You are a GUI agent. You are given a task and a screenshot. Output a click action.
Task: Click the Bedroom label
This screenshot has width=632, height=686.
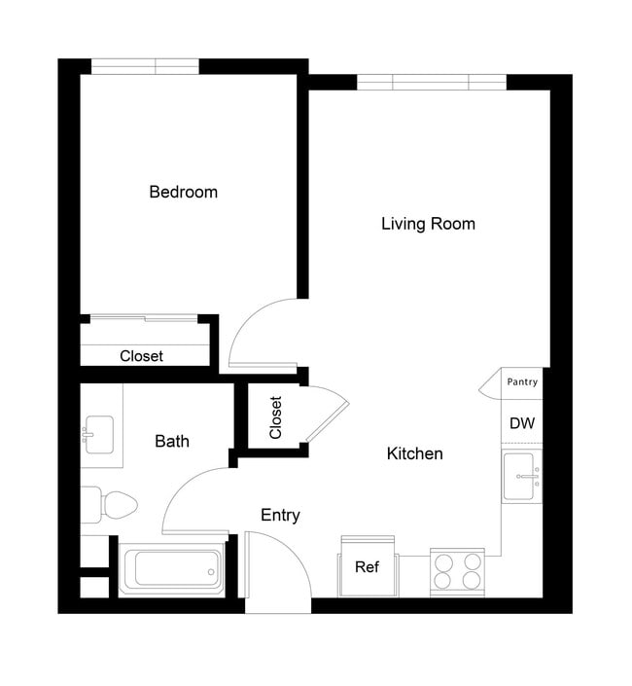[x=183, y=192]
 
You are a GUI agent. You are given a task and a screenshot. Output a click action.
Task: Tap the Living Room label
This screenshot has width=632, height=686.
[x=428, y=224]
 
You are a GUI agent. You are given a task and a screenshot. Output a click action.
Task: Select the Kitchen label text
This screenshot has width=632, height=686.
[x=414, y=453]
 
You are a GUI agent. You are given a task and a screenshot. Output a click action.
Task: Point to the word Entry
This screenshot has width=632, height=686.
[x=280, y=515]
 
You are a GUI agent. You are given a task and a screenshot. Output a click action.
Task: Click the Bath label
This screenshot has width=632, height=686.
[x=172, y=441]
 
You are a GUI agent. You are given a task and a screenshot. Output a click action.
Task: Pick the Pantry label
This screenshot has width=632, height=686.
[x=521, y=382]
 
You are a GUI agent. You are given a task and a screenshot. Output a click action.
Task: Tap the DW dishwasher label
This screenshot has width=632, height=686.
[x=521, y=424]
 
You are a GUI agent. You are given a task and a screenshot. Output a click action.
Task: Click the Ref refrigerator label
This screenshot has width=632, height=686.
[x=367, y=567]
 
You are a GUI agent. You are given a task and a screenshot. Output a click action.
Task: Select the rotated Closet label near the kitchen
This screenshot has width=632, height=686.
[x=275, y=416]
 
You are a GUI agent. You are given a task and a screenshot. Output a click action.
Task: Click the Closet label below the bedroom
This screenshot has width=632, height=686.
[x=141, y=356]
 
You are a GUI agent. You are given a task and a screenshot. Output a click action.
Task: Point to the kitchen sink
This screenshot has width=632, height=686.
[x=522, y=476]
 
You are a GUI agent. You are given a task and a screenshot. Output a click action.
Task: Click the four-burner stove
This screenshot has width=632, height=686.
[x=458, y=571]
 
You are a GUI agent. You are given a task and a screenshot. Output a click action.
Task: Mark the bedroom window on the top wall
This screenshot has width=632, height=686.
[x=145, y=66]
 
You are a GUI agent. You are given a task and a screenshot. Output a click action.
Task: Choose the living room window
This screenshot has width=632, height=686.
[x=431, y=82]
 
